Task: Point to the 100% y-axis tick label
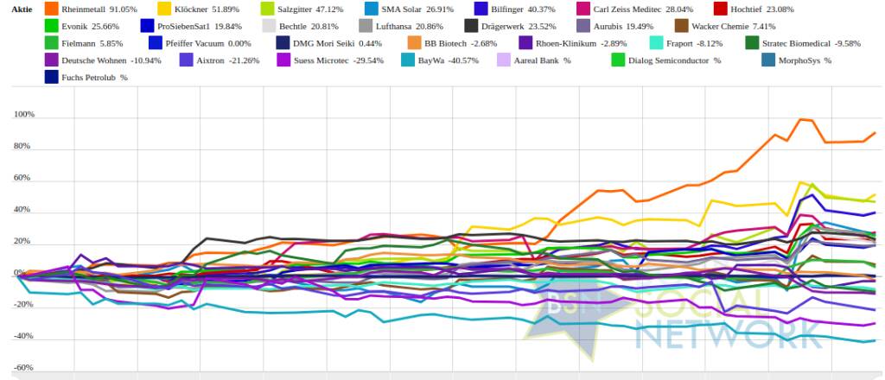[23, 115]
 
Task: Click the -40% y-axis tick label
[23, 336]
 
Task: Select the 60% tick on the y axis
[25, 178]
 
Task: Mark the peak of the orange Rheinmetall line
[801, 119]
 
